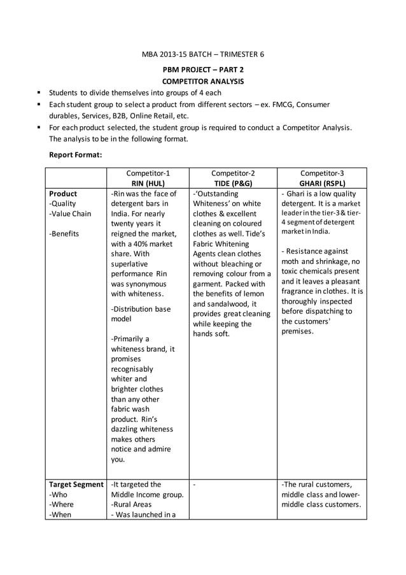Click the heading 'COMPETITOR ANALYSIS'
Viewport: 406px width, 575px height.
pos(203,82)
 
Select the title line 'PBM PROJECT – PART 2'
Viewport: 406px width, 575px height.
pos(203,69)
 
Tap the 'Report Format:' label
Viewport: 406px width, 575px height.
pos(76,154)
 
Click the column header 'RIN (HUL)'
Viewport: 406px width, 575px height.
pos(148,184)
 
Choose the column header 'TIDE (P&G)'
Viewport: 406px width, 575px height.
pos(233,184)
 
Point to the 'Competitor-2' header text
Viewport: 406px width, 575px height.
pos(233,173)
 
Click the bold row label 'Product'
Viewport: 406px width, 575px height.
pos(63,194)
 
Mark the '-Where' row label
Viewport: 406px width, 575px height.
pos(62,504)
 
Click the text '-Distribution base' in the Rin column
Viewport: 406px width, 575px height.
pos(141,309)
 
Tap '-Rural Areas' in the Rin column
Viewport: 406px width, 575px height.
pos(134,504)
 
